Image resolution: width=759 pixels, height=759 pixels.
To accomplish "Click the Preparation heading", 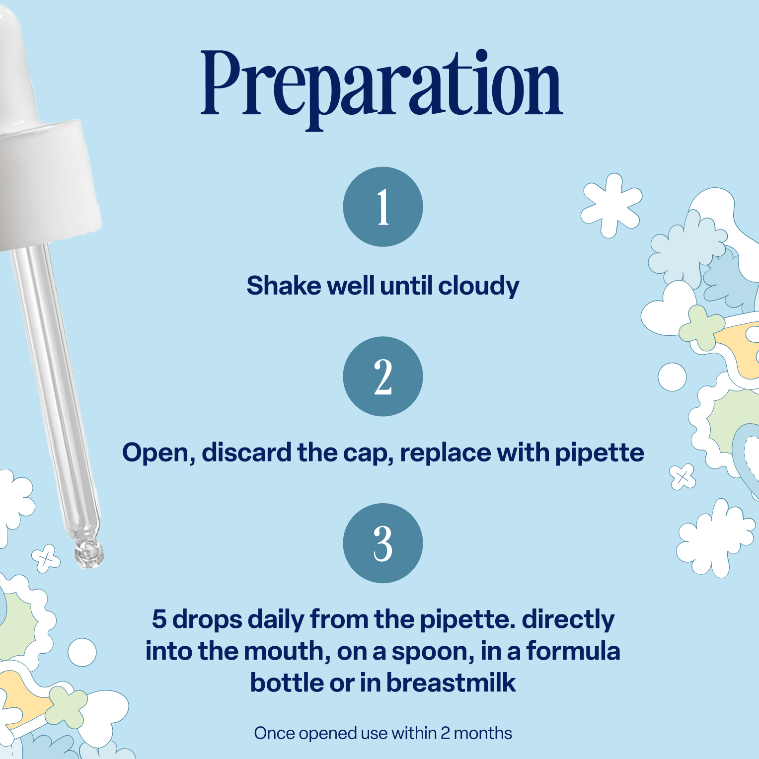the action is (381, 88).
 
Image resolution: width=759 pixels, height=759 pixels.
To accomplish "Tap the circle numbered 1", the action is (383, 207).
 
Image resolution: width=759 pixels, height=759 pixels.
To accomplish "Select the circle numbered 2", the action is (383, 377).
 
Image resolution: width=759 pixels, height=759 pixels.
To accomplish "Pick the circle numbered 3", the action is (383, 543).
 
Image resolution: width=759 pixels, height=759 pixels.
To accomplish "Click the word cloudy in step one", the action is (479, 287).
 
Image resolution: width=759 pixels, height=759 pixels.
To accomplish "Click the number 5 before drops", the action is (159, 619).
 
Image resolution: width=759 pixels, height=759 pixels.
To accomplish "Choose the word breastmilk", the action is (451, 683).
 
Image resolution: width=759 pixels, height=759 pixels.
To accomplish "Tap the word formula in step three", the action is (573, 650).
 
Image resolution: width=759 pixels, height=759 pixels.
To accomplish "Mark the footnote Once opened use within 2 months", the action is (383, 733).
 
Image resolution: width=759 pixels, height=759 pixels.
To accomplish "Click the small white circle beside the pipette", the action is (82, 652).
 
